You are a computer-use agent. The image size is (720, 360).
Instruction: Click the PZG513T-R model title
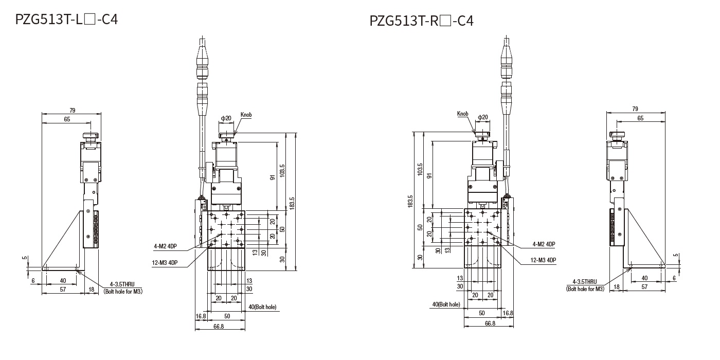point(421,21)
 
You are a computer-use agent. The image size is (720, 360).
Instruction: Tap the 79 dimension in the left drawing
point(72,110)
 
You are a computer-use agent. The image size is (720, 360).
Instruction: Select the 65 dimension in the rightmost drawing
point(640,118)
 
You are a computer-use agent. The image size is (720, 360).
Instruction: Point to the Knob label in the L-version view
point(246,114)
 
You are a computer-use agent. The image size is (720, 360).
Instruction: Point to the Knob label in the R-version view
point(462,114)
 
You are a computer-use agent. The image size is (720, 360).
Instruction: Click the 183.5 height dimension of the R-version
point(410,201)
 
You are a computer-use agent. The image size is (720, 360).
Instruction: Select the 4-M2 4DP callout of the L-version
point(166,247)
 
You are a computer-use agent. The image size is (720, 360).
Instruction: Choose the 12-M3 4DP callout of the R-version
point(543,260)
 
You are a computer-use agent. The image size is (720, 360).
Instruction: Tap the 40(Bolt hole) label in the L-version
point(262,307)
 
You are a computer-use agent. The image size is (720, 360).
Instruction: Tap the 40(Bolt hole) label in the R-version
point(446,304)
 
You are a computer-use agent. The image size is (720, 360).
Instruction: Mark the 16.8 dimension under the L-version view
point(201,316)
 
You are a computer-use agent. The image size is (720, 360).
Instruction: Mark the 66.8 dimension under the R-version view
point(490,323)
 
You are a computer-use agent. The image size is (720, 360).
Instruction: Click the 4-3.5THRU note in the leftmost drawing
point(122,284)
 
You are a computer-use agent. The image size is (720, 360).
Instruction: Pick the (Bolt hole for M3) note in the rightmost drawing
point(586,289)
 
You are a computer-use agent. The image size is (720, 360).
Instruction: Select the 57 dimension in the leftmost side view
point(62,290)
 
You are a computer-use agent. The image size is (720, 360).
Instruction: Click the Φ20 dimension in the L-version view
point(226,118)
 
